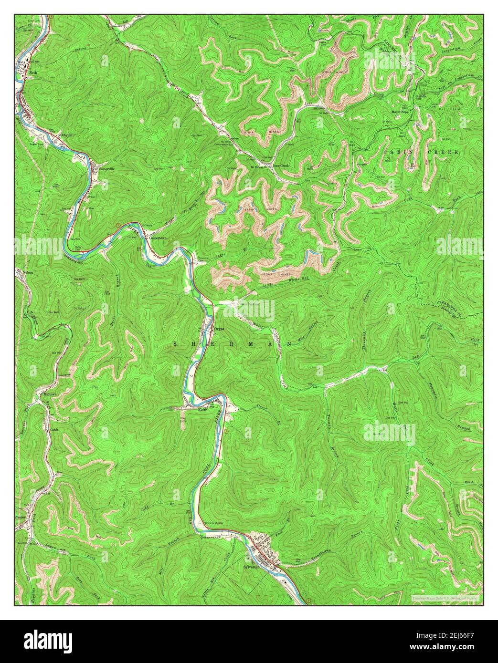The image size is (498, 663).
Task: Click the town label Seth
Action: tap(33, 73)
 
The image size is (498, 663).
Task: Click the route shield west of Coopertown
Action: tap(117, 224)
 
